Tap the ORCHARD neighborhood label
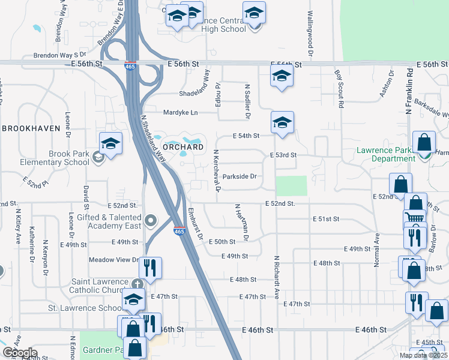tap(183, 147)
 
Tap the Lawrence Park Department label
tap(385, 154)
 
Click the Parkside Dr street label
tap(240, 176)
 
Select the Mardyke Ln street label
tap(181, 112)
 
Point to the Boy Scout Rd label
tap(340, 89)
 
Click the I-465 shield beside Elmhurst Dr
tap(178, 231)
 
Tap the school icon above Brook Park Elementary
tap(110, 143)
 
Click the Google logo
tap(20, 353)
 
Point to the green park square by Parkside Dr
tap(291, 185)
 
